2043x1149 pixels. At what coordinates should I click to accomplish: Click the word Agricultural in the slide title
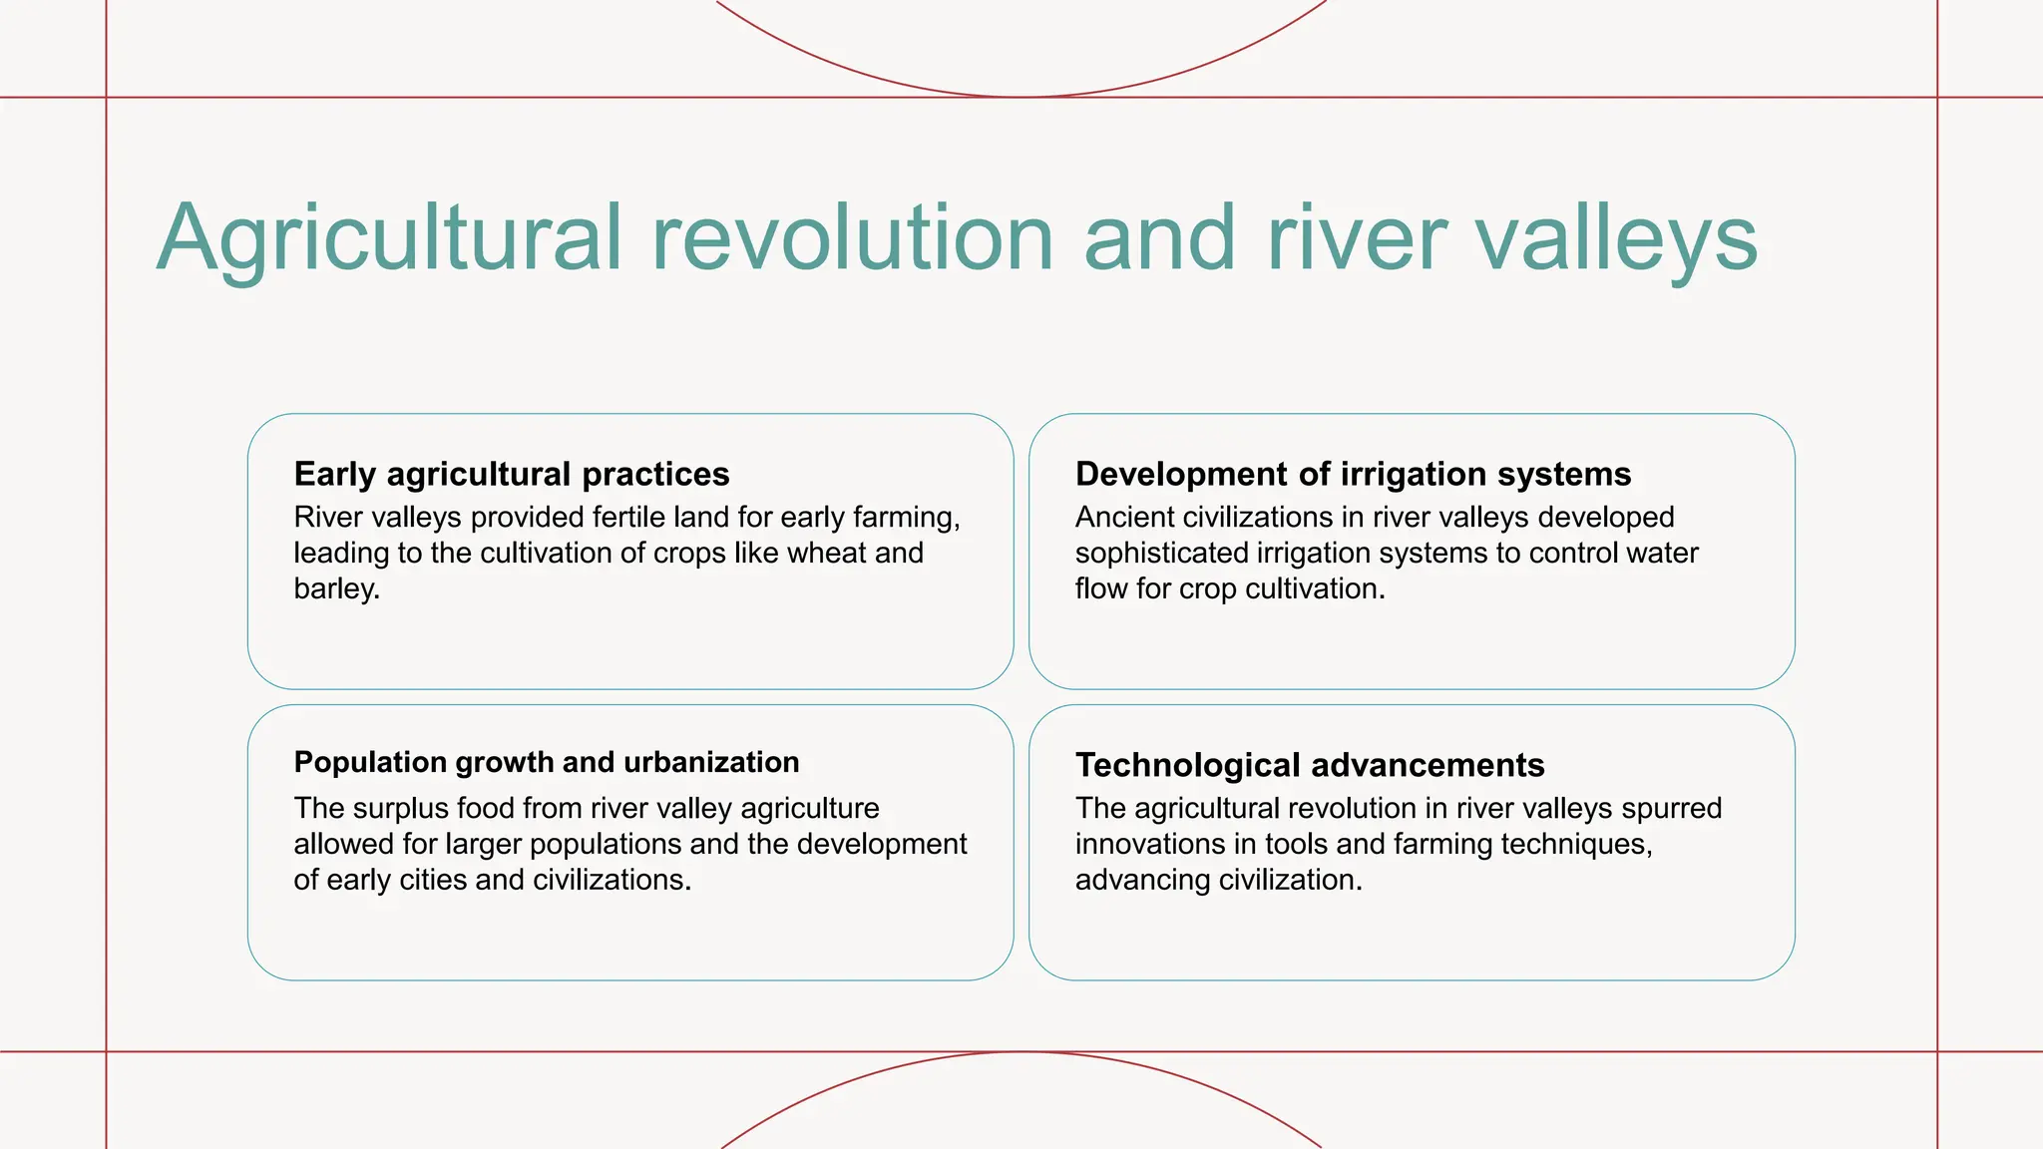[389, 239]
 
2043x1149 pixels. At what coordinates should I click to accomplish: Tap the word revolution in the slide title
[853, 239]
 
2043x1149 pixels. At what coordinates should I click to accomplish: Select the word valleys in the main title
[1616, 239]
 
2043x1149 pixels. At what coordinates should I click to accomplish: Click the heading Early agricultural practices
[511, 474]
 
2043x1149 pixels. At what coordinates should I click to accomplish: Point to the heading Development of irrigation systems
[1353, 474]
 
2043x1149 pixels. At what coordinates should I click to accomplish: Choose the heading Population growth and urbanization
[546, 762]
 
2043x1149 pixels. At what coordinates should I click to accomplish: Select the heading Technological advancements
[1309, 765]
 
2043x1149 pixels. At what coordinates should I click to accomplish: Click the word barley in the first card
[334, 588]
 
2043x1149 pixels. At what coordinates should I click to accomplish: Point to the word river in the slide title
[1357, 239]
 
